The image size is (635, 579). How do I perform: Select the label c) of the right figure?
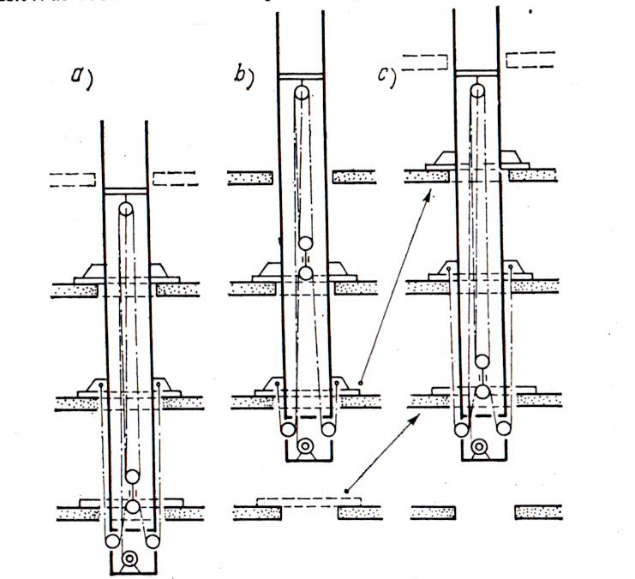click(386, 75)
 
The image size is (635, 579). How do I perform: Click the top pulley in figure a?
click(126, 208)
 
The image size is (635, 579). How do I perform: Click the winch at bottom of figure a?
click(129, 560)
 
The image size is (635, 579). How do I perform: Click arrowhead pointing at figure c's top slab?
click(428, 193)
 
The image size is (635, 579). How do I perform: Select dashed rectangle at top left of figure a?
click(72, 179)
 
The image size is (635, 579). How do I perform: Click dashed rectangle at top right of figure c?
click(530, 59)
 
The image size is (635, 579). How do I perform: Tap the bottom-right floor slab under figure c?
click(539, 512)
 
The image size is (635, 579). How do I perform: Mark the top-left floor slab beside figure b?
click(249, 177)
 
